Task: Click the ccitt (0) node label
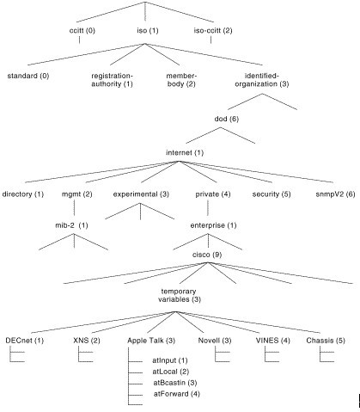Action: click(x=82, y=30)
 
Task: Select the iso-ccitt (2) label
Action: click(x=213, y=30)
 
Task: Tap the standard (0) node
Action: click(x=28, y=76)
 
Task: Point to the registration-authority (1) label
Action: click(x=112, y=80)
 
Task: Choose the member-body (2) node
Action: click(x=181, y=80)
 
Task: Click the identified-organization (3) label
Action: click(x=262, y=80)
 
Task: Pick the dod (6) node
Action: click(x=227, y=119)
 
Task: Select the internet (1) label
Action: click(x=185, y=152)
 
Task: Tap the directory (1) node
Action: click(x=23, y=194)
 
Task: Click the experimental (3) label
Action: click(x=141, y=194)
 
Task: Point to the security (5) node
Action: click(x=272, y=194)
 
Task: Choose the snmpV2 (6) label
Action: click(x=335, y=194)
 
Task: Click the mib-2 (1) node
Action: click(x=71, y=225)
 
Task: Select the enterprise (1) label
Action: click(x=213, y=225)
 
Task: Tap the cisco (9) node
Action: click(x=207, y=255)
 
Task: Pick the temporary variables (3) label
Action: click(x=180, y=295)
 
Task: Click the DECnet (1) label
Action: click(x=25, y=341)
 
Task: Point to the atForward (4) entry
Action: click(x=177, y=394)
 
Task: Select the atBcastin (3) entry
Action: click(x=175, y=383)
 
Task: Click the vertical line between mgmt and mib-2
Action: click(x=75, y=207)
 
